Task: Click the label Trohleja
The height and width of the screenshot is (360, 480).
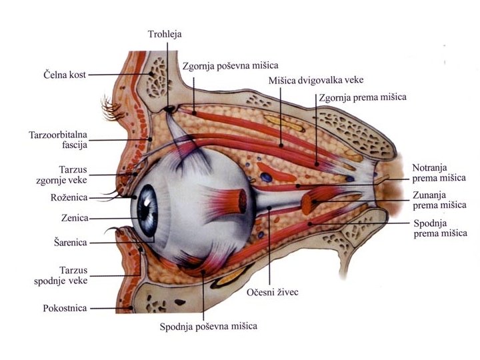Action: click(x=165, y=33)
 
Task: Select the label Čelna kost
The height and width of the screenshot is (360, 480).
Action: click(x=61, y=75)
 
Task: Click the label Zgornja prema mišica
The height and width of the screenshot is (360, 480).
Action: click(x=362, y=97)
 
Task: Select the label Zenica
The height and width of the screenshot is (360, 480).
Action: click(x=73, y=218)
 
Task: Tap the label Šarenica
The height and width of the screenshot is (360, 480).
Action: click(x=69, y=243)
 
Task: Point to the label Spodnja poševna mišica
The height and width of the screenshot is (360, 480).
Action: click(x=208, y=327)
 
